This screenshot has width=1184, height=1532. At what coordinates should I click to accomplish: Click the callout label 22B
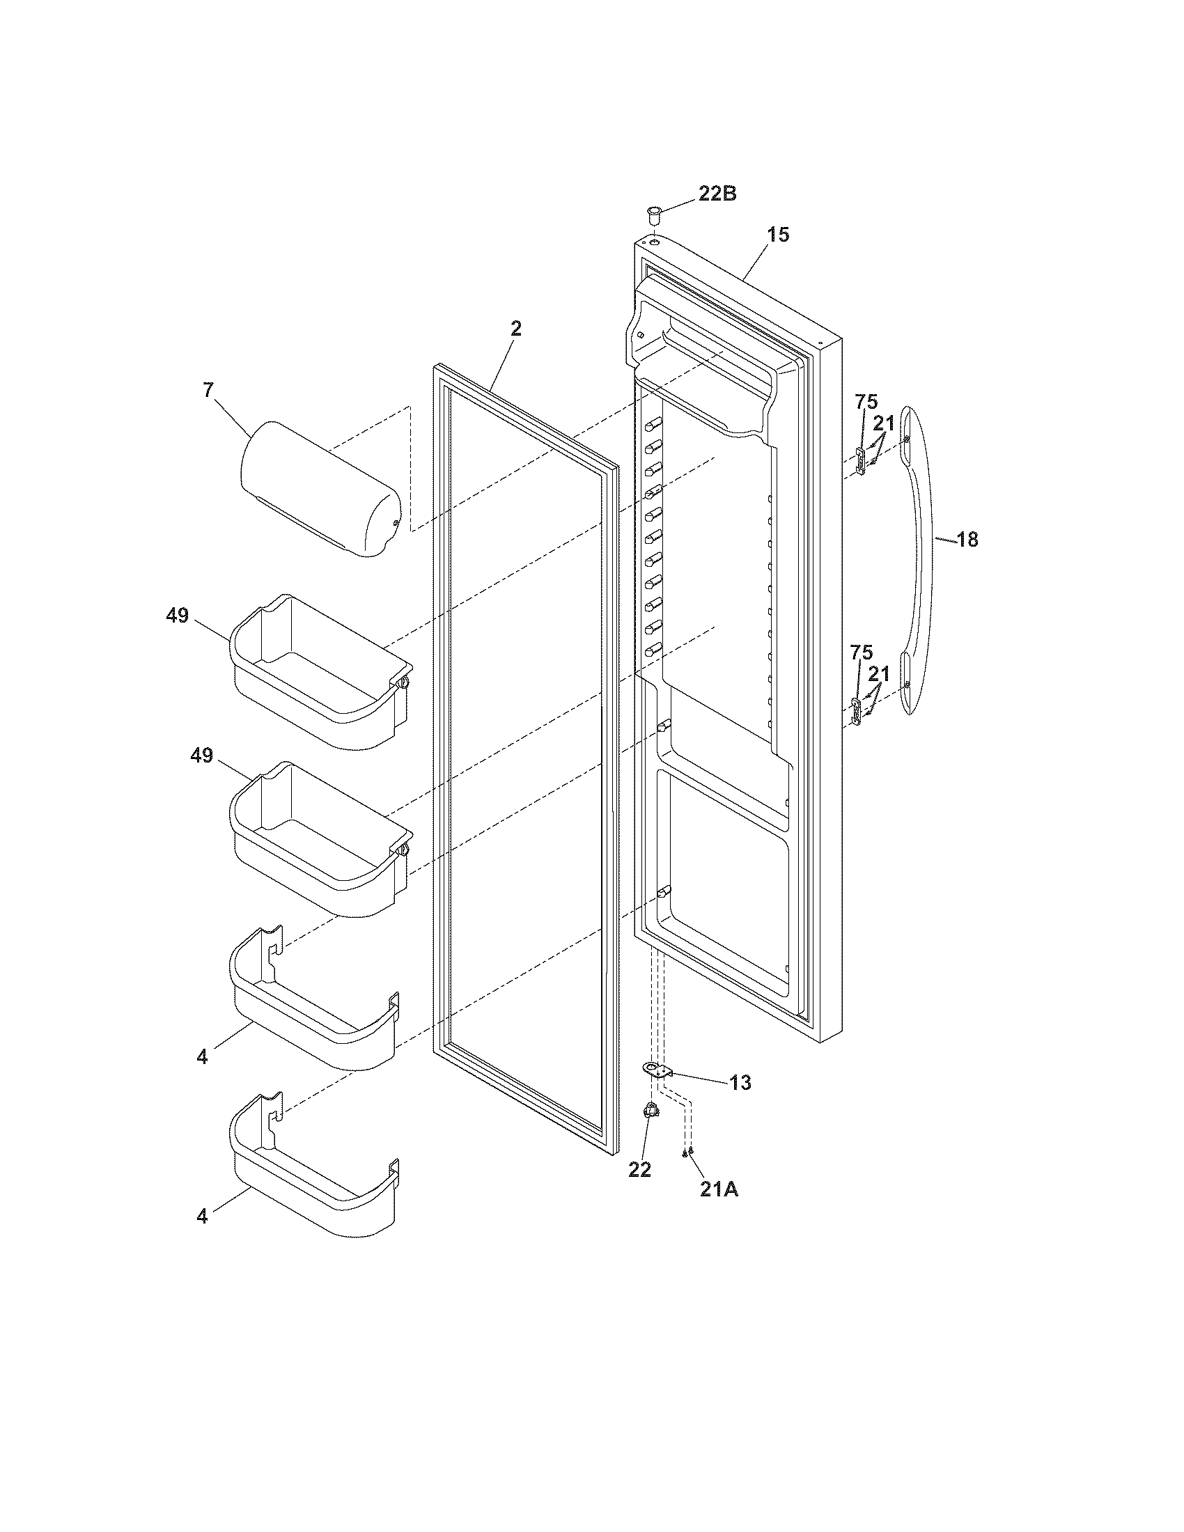[x=716, y=194]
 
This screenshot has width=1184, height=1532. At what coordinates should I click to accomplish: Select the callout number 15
[x=777, y=234]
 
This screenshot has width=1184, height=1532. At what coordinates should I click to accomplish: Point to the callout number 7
[x=208, y=390]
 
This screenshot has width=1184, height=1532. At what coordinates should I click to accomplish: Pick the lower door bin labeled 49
[x=319, y=838]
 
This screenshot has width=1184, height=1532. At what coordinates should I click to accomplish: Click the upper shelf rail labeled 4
[x=312, y=1003]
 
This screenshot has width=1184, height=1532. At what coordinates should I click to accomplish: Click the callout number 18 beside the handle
[x=967, y=540]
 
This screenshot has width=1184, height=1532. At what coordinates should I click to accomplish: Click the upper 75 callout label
[x=866, y=402]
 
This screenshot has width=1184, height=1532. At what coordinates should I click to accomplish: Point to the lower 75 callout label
[x=862, y=652]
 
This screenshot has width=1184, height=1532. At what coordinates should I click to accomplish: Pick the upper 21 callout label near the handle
[x=884, y=423]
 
